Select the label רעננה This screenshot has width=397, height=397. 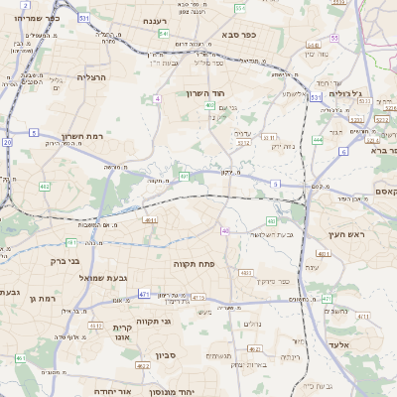pos(154,20)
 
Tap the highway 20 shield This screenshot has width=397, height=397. pos(6,142)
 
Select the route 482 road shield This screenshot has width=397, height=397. pos(45,186)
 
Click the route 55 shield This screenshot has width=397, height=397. pos(335,38)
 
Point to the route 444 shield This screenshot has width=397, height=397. pos(317,140)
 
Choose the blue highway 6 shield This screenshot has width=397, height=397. pos(342,151)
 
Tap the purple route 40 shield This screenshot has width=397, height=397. pos(225,230)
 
